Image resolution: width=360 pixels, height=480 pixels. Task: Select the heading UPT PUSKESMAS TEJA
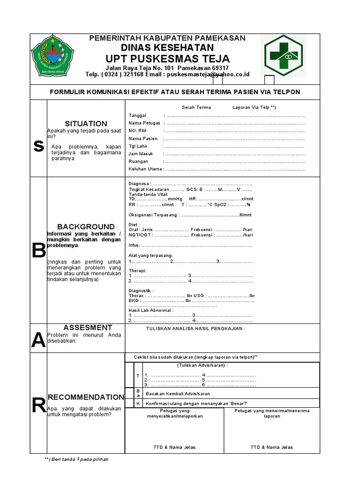tap(167, 59)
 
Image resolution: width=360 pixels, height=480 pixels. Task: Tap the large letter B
tap(38, 251)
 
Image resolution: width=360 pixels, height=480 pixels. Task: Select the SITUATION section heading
tap(86, 124)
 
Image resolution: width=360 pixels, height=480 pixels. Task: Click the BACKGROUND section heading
tap(86, 227)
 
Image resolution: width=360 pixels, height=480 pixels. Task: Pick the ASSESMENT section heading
tap(88, 328)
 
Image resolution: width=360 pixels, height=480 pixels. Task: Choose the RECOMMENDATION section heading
tap(86, 397)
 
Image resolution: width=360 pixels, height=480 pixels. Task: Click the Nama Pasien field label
tap(143, 139)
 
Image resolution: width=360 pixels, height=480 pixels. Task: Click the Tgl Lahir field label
tap(138, 146)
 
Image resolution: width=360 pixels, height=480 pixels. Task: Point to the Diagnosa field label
tap(139, 183)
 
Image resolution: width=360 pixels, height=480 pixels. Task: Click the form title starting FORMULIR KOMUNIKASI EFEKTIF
tap(175, 92)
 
